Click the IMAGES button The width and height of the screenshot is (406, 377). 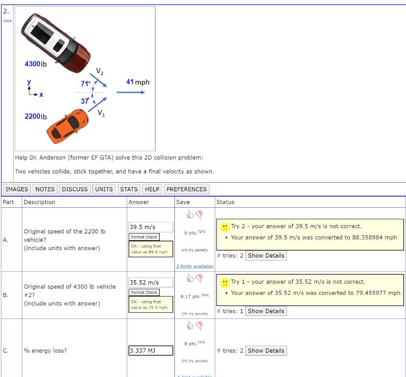pos(17,189)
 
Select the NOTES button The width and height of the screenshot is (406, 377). pos(45,189)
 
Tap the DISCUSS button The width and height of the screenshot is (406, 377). pos(75,189)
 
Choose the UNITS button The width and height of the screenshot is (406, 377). pos(104,189)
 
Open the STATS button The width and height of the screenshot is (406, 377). pos(129,189)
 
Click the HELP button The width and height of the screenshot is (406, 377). pos(152,189)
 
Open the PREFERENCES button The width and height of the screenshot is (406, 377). pos(186,189)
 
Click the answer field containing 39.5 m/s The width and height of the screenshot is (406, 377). pos(151,227)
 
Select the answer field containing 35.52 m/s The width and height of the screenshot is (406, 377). pos(151,283)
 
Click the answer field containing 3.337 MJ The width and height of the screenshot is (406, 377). pos(151,351)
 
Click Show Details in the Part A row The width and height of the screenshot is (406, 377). pos(266,256)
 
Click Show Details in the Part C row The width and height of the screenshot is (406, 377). pos(266,351)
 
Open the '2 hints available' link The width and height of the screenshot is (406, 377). pos(195,266)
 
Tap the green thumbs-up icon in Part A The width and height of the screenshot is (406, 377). pos(190,214)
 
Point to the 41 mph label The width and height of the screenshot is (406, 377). pos(138,82)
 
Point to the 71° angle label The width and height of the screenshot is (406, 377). pos(85,84)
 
